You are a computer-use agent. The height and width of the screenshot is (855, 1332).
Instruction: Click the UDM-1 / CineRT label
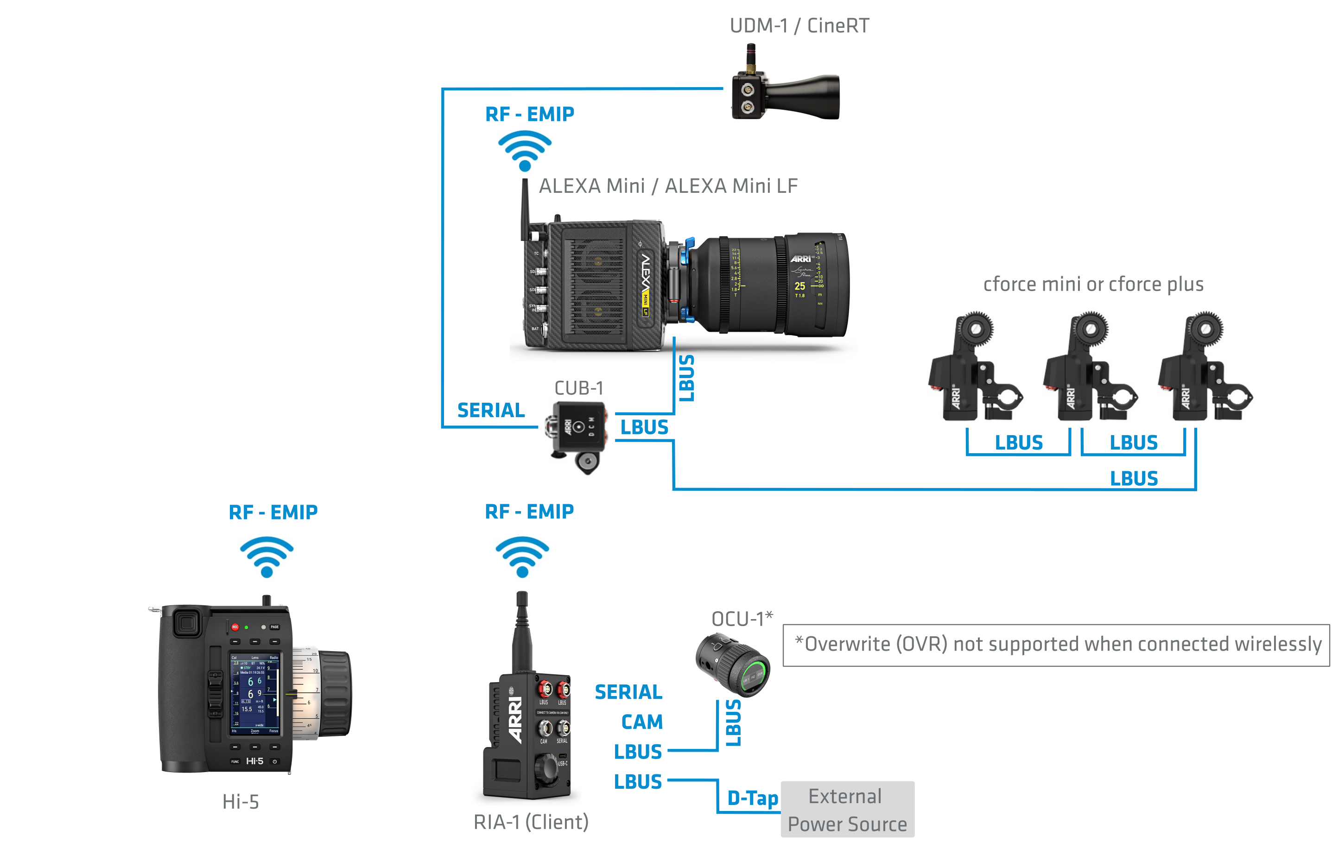[799, 25]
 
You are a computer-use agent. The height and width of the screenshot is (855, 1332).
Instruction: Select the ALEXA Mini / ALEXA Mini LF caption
[668, 186]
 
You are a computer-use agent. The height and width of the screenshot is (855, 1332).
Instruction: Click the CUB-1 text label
[578, 388]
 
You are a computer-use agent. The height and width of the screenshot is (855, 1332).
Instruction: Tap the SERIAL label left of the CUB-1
[491, 410]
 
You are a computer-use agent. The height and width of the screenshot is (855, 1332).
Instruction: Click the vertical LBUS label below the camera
[687, 378]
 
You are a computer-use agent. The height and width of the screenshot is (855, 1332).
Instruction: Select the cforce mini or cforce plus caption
[1093, 284]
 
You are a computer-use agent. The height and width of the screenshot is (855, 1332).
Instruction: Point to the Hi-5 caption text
[241, 802]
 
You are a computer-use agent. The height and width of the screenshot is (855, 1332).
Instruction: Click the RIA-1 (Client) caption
[531, 822]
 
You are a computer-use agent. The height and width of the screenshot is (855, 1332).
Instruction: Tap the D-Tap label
[752, 798]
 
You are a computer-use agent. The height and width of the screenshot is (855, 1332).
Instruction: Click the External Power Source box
[847, 810]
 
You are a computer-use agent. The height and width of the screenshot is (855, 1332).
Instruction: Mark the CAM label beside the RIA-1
[642, 722]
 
